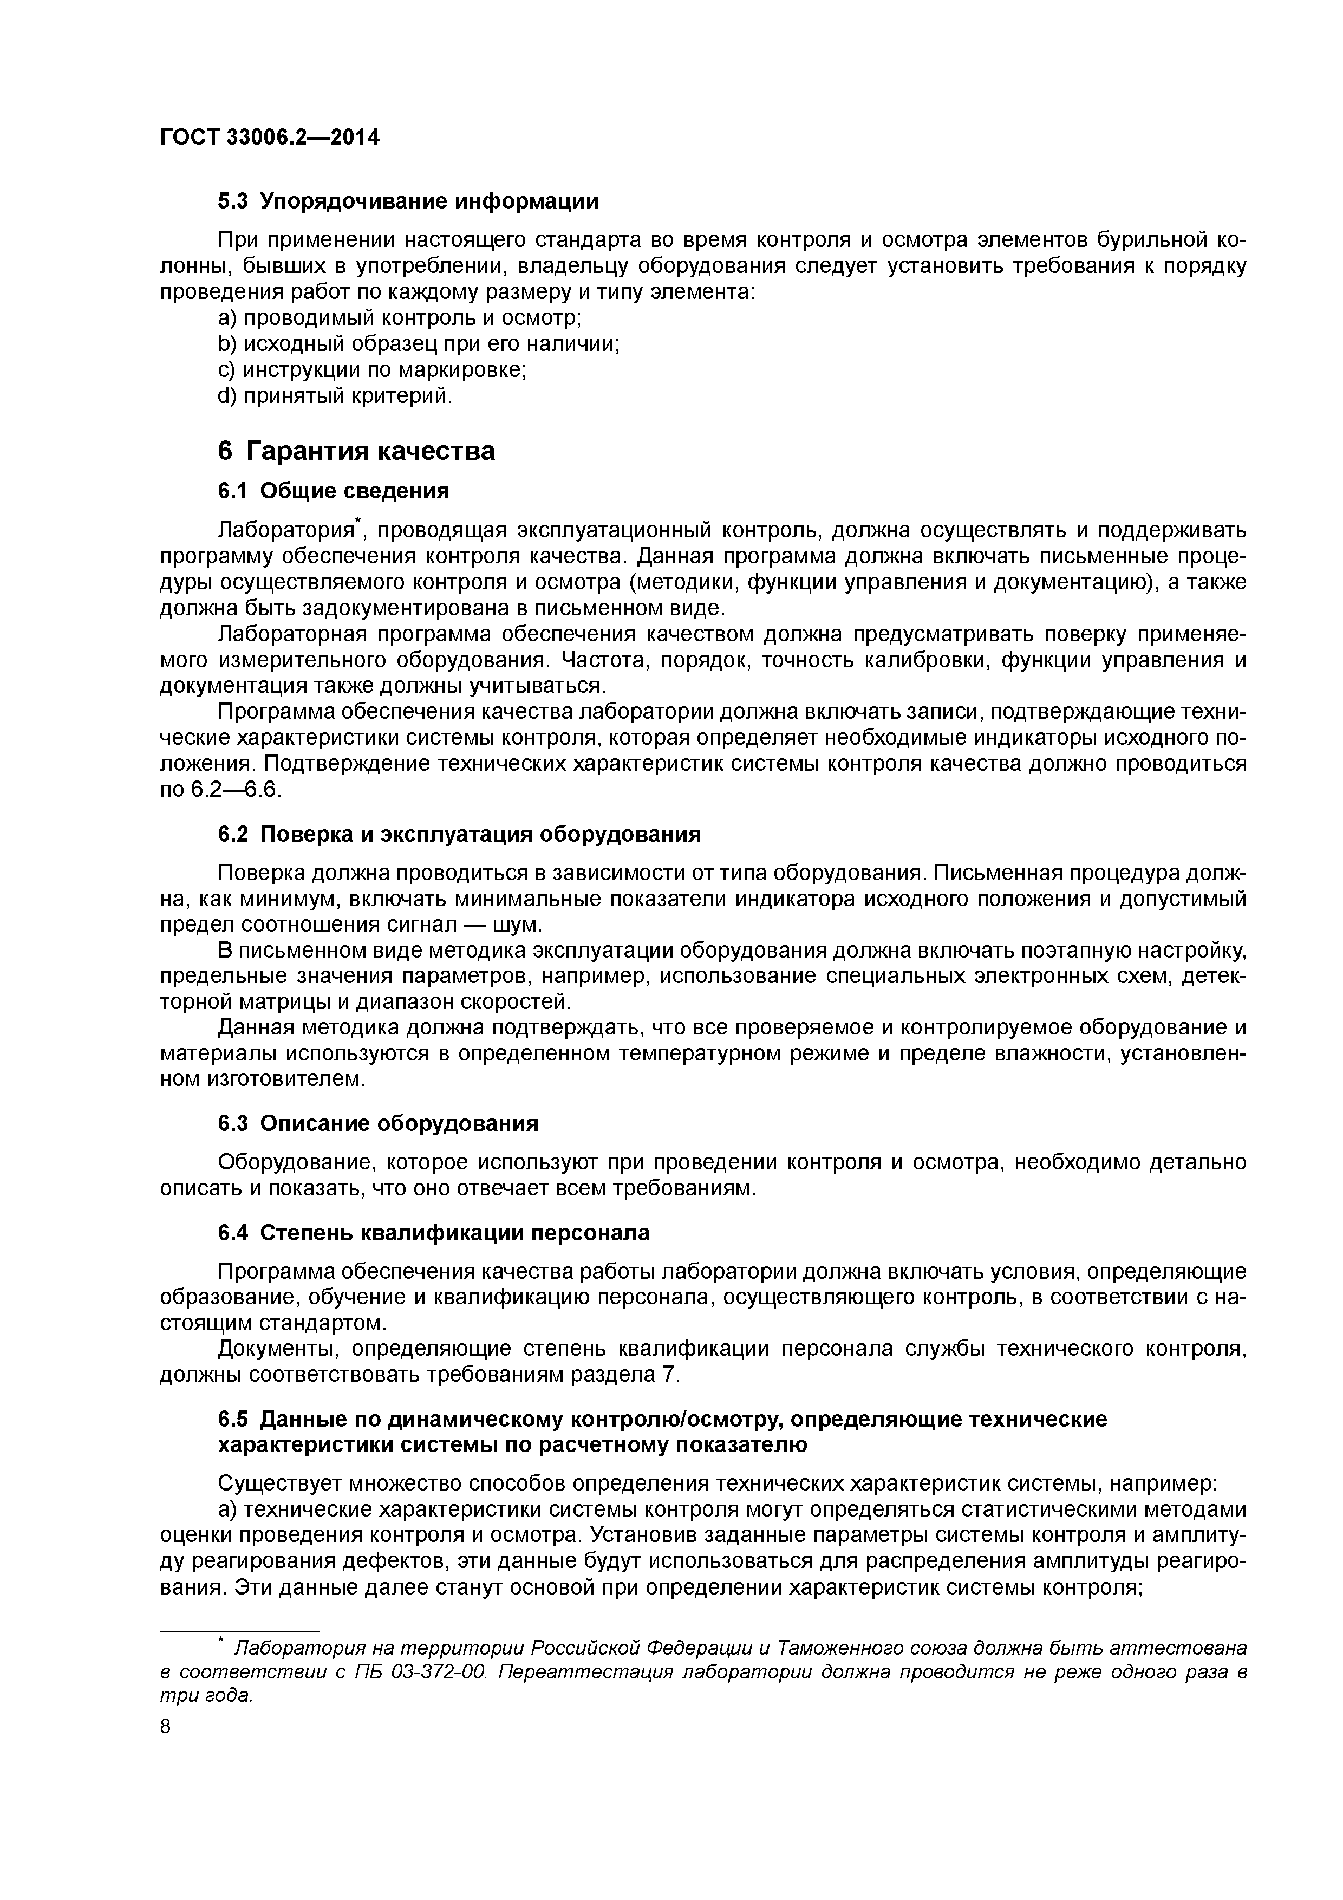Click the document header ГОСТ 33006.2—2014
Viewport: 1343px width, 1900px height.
[x=269, y=138]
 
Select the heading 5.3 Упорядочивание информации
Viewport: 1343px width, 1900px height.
[x=408, y=201]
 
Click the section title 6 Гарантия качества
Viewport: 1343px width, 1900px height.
[x=356, y=451]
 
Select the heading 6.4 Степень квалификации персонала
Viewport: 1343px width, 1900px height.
[x=434, y=1233]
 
